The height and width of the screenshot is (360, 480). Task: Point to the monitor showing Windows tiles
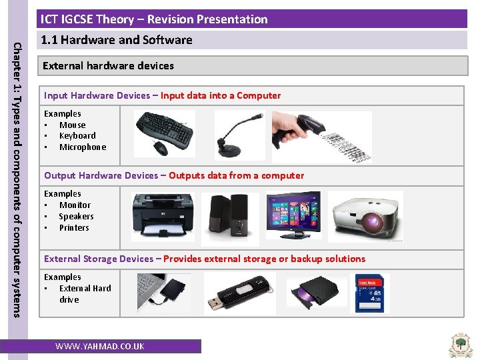point(293,215)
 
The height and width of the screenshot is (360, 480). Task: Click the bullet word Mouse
point(72,125)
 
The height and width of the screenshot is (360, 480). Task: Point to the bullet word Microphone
point(83,147)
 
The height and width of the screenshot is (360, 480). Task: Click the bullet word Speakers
point(76,217)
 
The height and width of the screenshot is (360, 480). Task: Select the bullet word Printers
point(74,228)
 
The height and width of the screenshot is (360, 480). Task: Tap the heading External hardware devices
point(108,66)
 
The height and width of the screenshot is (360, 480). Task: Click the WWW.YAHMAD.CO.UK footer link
point(99,347)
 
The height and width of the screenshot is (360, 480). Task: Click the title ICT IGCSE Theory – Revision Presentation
point(154,19)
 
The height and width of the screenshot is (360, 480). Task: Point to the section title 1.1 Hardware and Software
point(117,40)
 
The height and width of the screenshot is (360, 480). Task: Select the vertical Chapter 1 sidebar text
point(18,179)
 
